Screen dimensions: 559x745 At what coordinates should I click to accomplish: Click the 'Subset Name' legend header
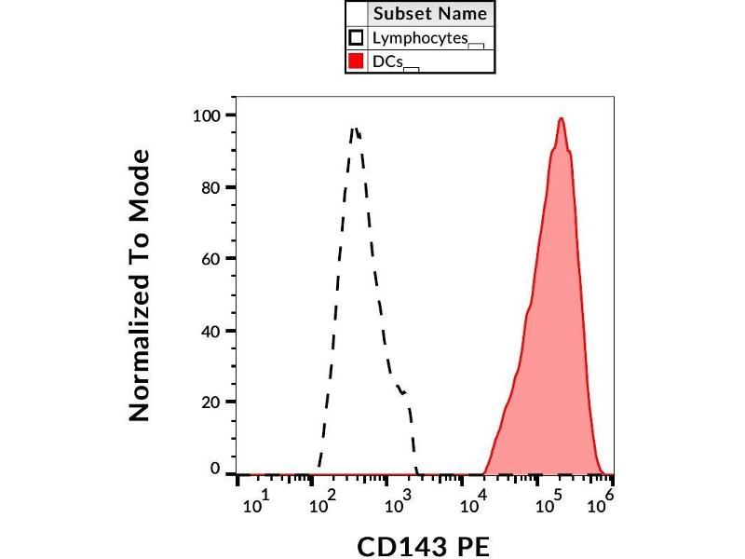tap(429, 14)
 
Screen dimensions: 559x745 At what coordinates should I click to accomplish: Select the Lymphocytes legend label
tap(418, 38)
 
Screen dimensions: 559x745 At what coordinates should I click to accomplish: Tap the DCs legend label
tap(387, 62)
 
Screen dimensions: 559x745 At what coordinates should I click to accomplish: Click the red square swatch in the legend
tap(356, 62)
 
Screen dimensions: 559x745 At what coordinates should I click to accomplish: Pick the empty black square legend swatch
tap(356, 38)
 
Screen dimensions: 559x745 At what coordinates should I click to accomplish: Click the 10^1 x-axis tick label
tap(255, 504)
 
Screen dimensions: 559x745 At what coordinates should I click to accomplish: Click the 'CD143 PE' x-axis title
tap(424, 545)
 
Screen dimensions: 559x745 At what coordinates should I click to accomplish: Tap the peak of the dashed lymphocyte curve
tap(355, 129)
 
